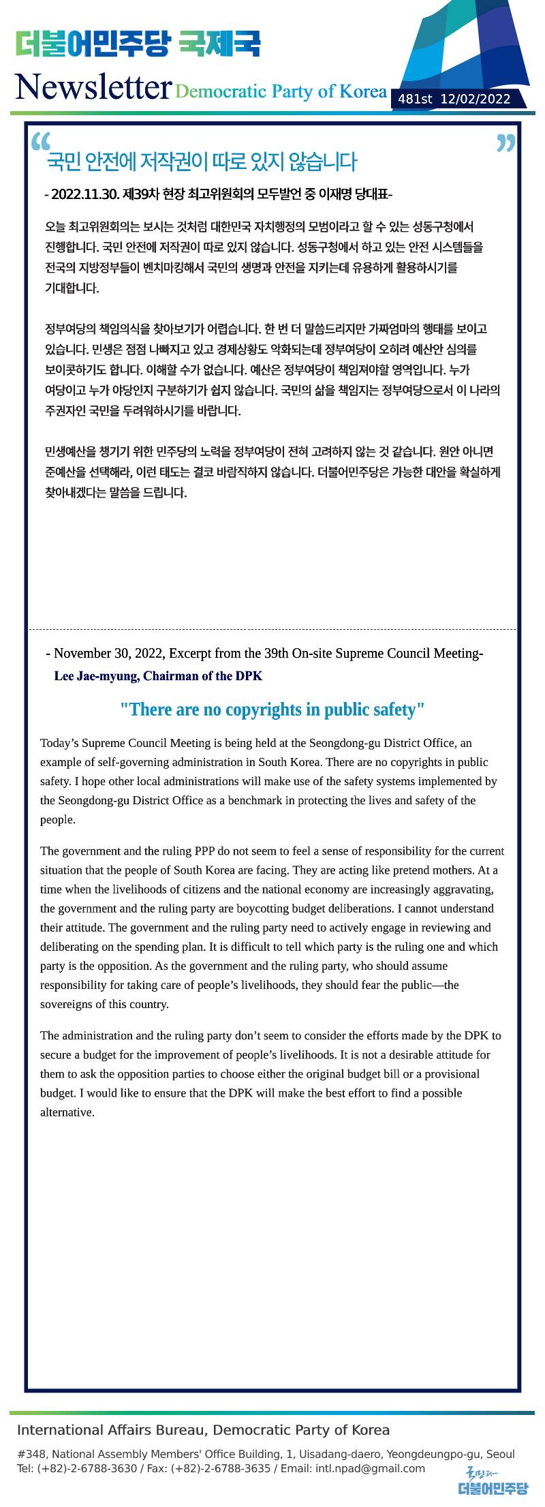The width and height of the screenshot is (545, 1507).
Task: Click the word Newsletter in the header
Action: coord(93,87)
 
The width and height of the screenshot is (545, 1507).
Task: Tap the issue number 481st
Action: coord(415,100)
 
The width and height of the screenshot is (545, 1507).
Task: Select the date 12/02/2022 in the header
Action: coord(476,100)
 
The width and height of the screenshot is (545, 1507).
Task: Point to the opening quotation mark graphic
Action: coord(41,141)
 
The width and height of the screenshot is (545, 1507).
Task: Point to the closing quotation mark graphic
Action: coord(506,144)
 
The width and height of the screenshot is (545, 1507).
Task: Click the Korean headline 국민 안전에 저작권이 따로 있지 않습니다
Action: coord(202,162)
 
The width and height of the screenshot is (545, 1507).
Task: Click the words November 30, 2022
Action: coord(108,654)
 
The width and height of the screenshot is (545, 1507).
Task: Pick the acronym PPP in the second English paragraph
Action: coord(204,851)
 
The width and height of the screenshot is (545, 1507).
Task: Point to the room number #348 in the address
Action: coord(31,1455)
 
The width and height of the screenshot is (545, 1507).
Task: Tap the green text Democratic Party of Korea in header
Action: coord(281,91)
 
